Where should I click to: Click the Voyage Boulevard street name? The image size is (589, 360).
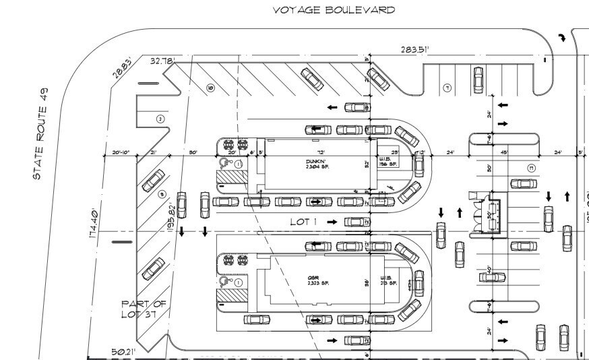(334, 10)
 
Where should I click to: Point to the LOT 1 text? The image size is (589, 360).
(303, 221)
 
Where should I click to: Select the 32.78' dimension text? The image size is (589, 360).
(163, 61)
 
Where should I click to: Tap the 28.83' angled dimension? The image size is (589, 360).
(123, 69)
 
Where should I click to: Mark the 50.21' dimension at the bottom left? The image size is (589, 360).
(123, 351)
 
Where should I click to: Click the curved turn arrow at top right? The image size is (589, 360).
(560, 38)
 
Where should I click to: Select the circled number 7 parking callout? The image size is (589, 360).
(446, 88)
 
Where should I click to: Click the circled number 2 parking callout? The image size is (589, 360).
(160, 119)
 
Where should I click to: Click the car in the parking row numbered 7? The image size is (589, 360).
(478, 80)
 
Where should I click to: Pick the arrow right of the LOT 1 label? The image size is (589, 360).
(331, 221)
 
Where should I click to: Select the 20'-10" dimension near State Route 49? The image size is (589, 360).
(121, 153)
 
